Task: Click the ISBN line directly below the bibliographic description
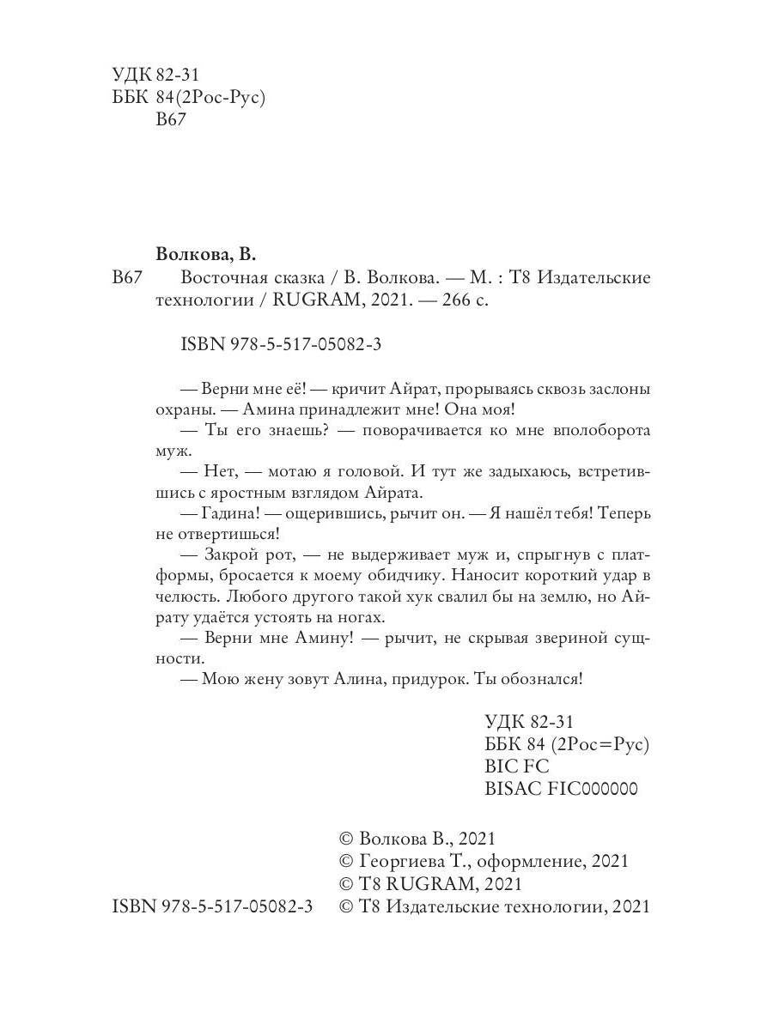coord(282,344)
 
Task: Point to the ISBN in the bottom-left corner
coord(213,906)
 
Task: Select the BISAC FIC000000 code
coord(561,789)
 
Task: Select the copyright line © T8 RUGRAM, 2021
coord(431,884)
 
